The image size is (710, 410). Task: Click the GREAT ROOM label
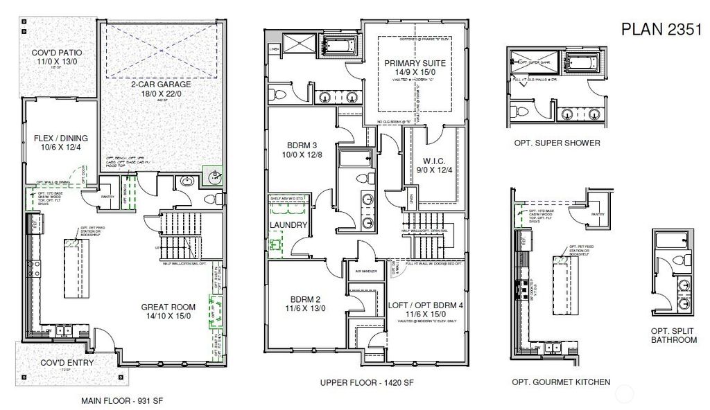[168, 307]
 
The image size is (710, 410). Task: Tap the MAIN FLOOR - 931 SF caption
[122, 400]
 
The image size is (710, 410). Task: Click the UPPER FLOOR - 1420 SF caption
[361, 382]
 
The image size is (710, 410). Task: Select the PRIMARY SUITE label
[415, 63]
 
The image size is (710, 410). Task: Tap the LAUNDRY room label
[288, 225]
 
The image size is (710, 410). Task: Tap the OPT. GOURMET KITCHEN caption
[561, 382]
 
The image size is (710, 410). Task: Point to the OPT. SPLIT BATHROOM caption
[673, 335]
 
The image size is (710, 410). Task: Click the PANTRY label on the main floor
[107, 196]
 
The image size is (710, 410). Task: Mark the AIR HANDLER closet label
[365, 271]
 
